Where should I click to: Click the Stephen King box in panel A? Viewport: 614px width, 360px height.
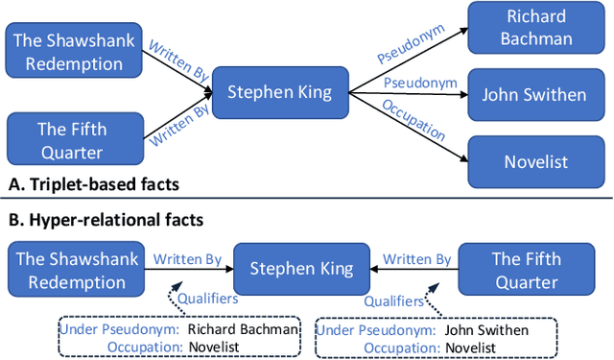click(x=279, y=92)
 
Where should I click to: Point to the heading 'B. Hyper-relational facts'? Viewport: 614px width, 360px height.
click(x=105, y=221)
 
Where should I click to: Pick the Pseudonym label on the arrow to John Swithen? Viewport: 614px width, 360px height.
click(x=414, y=83)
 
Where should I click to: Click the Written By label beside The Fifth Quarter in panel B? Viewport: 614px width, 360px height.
click(x=416, y=259)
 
